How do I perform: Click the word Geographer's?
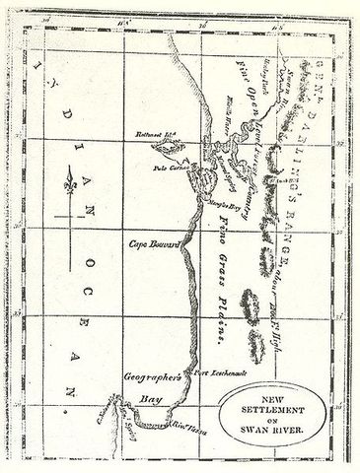click(147, 376)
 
